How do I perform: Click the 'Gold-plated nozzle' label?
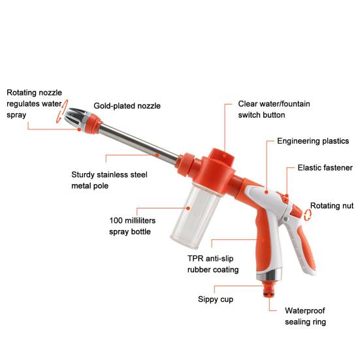click(127, 105)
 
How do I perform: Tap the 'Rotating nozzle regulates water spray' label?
click(34, 103)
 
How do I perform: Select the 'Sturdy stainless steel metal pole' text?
click(109, 180)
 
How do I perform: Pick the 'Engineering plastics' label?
click(312, 141)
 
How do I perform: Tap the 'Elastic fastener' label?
click(325, 167)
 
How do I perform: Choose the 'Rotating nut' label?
click(331, 206)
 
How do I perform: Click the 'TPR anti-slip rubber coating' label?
click(213, 263)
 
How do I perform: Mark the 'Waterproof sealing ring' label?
click(305, 316)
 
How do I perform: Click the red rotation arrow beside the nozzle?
click(59, 116)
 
